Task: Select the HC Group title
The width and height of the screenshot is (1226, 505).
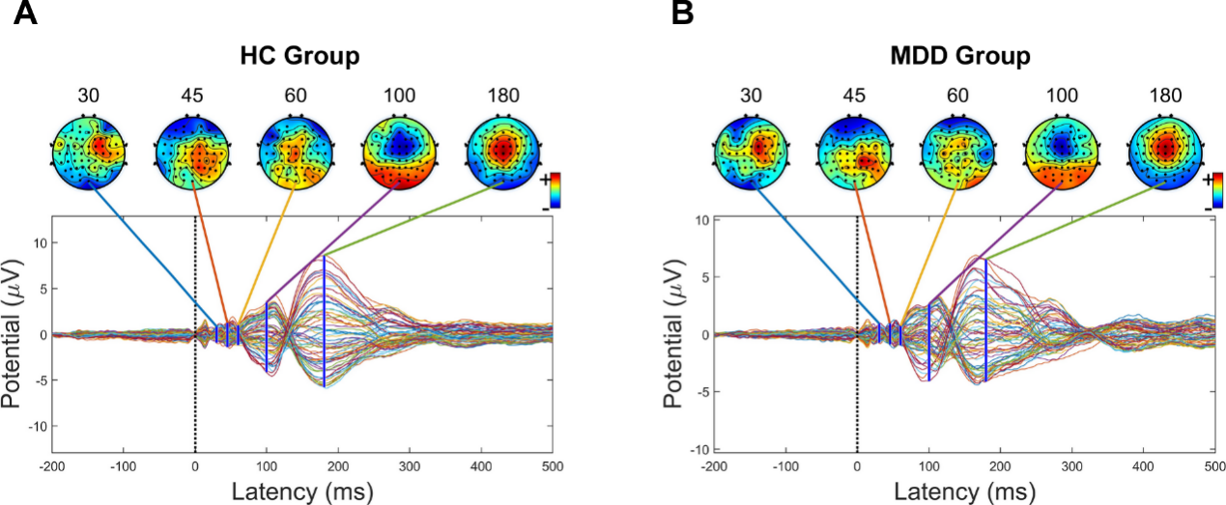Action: click(x=299, y=57)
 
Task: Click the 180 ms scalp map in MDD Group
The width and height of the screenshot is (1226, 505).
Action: click(x=1165, y=149)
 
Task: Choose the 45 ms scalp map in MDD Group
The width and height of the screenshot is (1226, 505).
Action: click(x=856, y=149)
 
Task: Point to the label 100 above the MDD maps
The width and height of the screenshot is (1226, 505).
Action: click(x=1062, y=96)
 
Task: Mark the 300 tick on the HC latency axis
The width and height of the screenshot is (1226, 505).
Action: click(x=409, y=464)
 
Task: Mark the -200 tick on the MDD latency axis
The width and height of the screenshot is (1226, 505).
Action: click(x=714, y=464)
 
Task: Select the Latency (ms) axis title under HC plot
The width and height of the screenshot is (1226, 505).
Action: click(x=301, y=491)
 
